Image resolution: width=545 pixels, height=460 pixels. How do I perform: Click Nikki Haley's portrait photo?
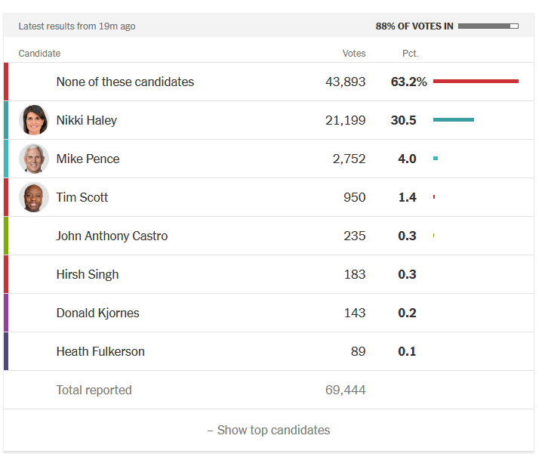point(34,120)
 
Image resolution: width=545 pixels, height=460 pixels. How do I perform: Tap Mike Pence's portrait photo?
point(34,159)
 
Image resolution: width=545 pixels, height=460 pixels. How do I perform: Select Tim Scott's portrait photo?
point(34,197)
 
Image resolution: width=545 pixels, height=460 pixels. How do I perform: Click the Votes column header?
point(354,54)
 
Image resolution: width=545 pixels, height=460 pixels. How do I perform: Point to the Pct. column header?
point(410,54)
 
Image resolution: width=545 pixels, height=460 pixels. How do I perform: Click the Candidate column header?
point(39,54)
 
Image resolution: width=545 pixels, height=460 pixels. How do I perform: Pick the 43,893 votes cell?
point(345,82)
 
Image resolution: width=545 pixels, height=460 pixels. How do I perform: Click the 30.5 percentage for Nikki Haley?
point(407,120)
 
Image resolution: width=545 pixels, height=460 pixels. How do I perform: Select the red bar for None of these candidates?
point(476,81)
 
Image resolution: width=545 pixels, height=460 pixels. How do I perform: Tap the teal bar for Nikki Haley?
point(453,119)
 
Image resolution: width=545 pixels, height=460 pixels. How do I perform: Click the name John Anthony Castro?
point(112,236)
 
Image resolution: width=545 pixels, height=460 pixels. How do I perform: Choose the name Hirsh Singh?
point(87,274)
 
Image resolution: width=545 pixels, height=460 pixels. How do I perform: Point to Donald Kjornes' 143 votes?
point(354,313)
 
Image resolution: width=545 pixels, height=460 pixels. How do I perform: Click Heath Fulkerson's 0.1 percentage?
point(407,351)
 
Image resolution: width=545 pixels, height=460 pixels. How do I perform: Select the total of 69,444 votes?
point(345,390)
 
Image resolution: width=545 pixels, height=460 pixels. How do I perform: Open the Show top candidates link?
point(269,430)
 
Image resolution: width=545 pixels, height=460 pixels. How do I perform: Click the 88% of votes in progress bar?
point(488,26)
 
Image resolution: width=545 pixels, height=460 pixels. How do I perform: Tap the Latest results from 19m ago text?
point(77,26)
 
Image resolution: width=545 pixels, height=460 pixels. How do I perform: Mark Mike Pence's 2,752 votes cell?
point(349,159)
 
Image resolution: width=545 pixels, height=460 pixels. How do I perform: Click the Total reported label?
point(94,390)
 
